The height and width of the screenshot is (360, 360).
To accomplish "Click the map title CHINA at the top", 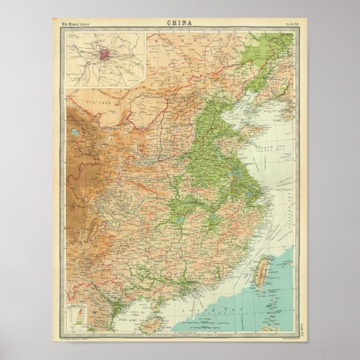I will pyautogui.click(x=180, y=23).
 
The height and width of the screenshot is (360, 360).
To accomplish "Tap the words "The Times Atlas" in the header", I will pyautogui.click(x=77, y=23).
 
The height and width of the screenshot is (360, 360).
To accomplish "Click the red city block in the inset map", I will pyautogui.click(x=105, y=55).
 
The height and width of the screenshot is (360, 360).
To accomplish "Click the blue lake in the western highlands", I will pyautogui.click(x=74, y=133).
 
